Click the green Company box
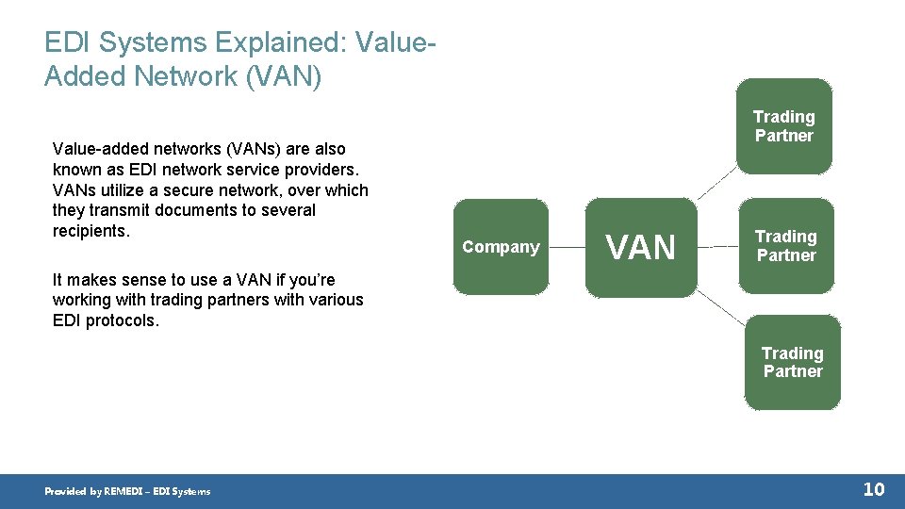(x=501, y=247)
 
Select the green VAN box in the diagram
(x=641, y=247)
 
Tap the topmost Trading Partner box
(x=783, y=126)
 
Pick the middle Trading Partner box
(x=785, y=246)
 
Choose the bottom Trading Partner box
(x=792, y=362)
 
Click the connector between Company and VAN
(x=567, y=247)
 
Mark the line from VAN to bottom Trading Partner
(x=721, y=305)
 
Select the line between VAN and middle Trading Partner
(x=718, y=246)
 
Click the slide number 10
(x=874, y=488)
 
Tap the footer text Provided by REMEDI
(x=127, y=491)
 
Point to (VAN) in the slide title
(x=283, y=75)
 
